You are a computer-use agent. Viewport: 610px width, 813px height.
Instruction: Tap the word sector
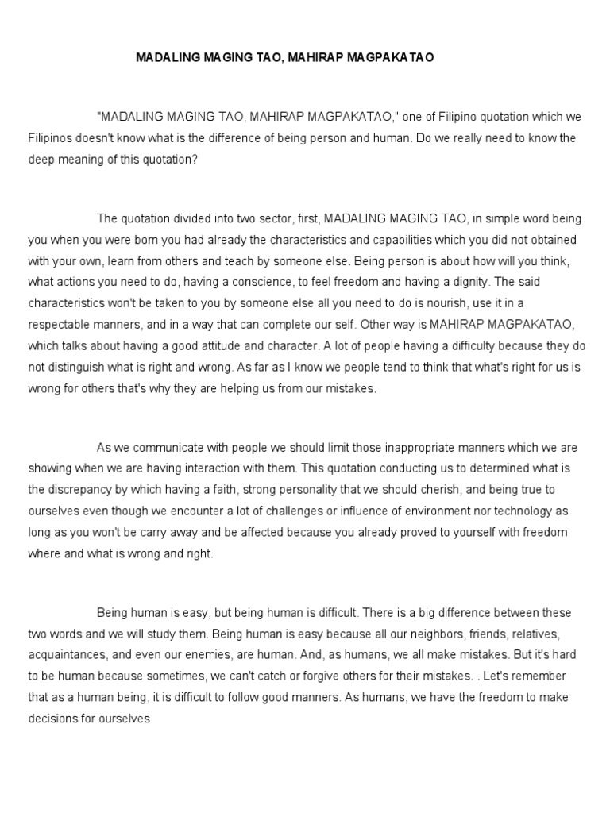pyautogui.click(x=253, y=218)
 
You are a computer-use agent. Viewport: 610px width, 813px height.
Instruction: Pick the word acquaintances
pyautogui.click(x=69, y=656)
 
